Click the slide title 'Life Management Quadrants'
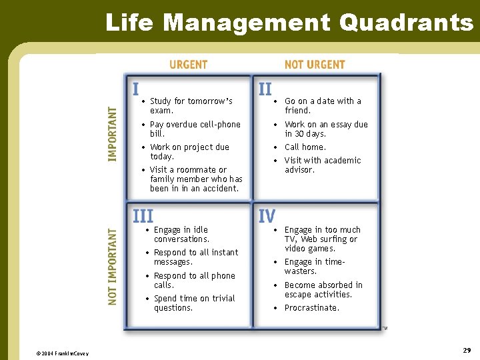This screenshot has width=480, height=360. point(289,22)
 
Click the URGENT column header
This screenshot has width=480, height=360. point(188,65)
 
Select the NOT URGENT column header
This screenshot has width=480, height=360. point(315,65)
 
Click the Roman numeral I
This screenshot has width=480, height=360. point(135,89)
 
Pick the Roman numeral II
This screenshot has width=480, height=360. point(265,89)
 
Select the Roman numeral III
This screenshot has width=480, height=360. point(143,216)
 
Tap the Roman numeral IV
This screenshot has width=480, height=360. point(267,216)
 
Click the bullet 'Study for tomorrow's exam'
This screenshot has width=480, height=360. point(191,106)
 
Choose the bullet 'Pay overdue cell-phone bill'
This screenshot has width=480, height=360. point(195,129)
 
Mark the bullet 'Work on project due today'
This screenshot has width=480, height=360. point(189,152)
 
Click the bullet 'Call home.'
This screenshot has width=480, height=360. point(305,147)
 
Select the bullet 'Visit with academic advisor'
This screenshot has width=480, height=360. point(323,165)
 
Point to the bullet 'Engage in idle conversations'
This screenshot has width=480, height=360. point(181,235)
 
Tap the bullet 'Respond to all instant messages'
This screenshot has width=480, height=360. point(195,257)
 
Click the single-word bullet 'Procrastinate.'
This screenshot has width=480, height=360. point(311,308)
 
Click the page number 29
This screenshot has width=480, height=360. point(467,350)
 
